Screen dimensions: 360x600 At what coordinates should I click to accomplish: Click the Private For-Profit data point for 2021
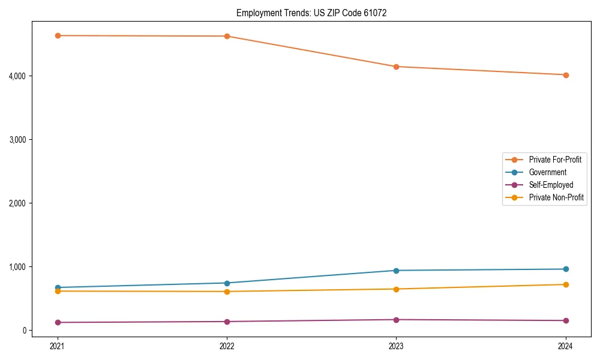[x=58, y=35]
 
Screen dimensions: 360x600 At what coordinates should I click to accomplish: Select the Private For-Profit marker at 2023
[x=396, y=67]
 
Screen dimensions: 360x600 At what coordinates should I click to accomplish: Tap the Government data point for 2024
[x=566, y=269]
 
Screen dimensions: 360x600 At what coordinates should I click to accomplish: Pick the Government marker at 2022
[x=227, y=283]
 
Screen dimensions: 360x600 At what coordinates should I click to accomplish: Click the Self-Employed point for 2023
[x=396, y=319]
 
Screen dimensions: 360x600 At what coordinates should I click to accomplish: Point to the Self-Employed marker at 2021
[x=58, y=322]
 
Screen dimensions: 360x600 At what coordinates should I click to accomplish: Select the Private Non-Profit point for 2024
[x=566, y=284]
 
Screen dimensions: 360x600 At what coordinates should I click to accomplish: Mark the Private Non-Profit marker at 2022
[x=227, y=292]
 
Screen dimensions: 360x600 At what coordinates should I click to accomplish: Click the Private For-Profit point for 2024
[x=566, y=75]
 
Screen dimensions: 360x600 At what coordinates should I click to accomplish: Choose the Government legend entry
[x=547, y=172]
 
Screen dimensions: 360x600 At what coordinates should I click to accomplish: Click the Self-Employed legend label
[x=551, y=185]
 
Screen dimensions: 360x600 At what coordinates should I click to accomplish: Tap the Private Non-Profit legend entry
[x=556, y=197]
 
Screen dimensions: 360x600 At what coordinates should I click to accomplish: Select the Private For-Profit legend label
[x=554, y=160]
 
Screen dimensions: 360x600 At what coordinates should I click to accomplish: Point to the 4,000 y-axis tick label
[x=34, y=76]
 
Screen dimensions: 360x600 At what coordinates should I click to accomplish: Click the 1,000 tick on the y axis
[x=34, y=266]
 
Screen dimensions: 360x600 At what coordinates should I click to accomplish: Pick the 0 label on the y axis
[x=39, y=330]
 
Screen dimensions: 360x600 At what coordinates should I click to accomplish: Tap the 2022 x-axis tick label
[x=227, y=346]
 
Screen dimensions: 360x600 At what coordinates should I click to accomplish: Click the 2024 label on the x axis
[x=566, y=346]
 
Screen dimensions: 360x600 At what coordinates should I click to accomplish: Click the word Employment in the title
[x=257, y=13]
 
